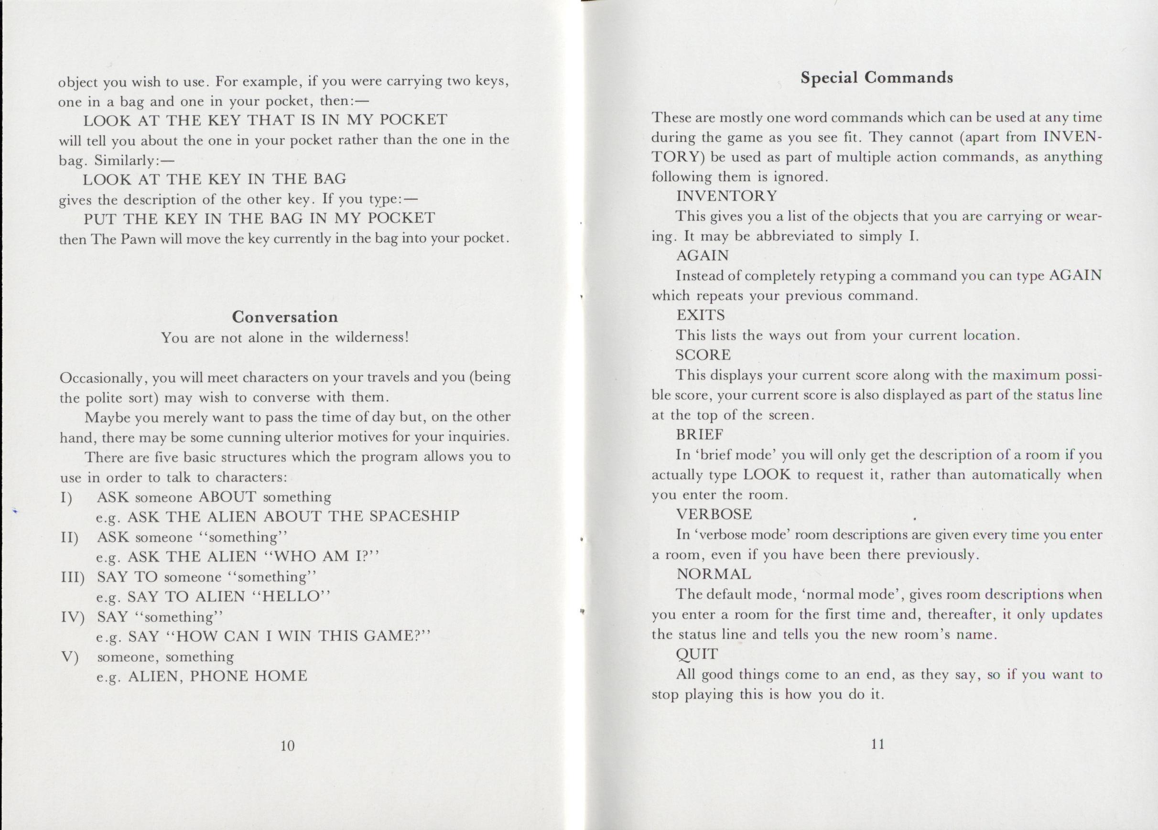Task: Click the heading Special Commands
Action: (x=876, y=77)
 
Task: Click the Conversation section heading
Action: (x=285, y=317)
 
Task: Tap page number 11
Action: (x=877, y=744)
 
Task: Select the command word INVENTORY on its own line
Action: (x=726, y=196)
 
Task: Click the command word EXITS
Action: (x=701, y=315)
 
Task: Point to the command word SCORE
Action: (x=703, y=355)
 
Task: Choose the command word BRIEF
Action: (x=700, y=434)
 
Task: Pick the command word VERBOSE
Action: (x=714, y=514)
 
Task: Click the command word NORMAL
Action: (x=714, y=574)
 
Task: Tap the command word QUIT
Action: (x=697, y=654)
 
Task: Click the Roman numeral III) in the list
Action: (x=72, y=577)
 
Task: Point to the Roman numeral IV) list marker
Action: (x=72, y=617)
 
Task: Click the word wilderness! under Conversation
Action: (x=372, y=338)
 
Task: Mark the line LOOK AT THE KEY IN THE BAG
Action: (x=215, y=179)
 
